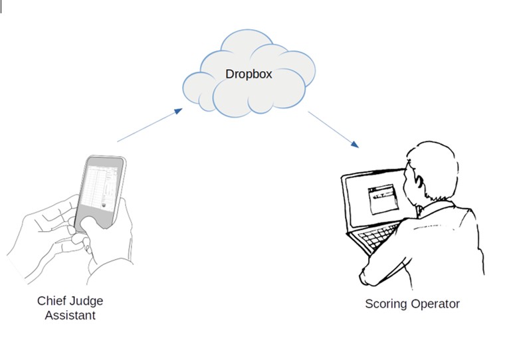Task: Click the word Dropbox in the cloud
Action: point(249,74)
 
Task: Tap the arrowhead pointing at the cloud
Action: point(177,111)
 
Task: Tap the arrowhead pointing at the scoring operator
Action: point(356,144)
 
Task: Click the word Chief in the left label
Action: point(51,301)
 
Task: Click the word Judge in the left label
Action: point(86,301)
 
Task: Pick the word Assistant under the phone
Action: point(70,315)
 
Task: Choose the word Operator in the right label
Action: point(436,304)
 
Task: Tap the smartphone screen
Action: point(100,190)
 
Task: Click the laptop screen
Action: point(372,199)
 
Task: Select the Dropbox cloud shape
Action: point(246,76)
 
